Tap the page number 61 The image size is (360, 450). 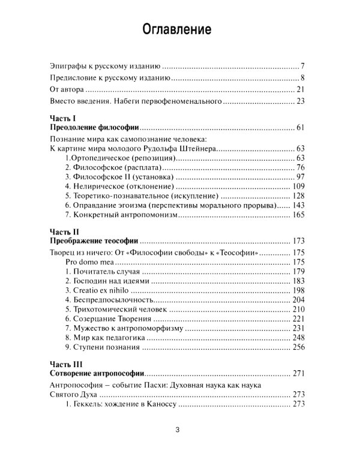click(301, 128)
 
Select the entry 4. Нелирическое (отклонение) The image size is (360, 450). click(111, 186)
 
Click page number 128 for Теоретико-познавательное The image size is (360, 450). click(299, 196)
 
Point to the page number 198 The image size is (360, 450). click(299, 290)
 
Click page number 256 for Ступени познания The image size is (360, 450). click(299, 348)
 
